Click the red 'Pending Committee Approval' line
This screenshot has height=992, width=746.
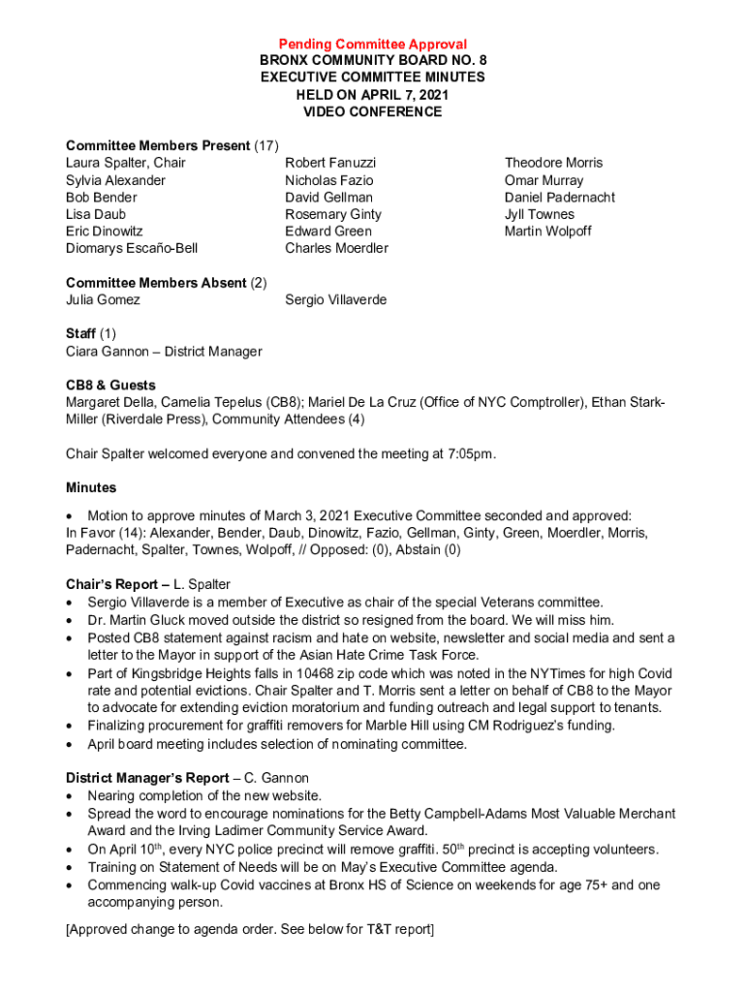pyautogui.click(x=373, y=45)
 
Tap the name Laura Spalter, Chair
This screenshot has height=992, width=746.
pyautogui.click(x=126, y=163)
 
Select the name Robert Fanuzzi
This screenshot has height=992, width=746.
pyautogui.click(x=330, y=163)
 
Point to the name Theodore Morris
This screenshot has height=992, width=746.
pyautogui.click(x=553, y=163)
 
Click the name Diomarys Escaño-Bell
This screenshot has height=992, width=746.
pyautogui.click(x=132, y=248)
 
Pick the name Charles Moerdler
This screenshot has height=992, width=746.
pyautogui.click(x=336, y=248)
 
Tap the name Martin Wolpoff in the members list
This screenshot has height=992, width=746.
pyautogui.click(x=547, y=231)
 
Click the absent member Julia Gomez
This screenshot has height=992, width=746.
pyautogui.click(x=103, y=299)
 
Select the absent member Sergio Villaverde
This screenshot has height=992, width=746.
pyautogui.click(x=335, y=299)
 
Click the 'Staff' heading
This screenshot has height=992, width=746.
pyautogui.click(x=81, y=333)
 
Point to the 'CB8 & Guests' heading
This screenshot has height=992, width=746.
pyautogui.click(x=110, y=385)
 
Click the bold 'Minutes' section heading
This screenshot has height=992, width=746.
pyautogui.click(x=91, y=487)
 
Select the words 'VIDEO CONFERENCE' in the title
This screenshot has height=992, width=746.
pyautogui.click(x=373, y=112)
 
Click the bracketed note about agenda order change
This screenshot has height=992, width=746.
pyautogui.click(x=250, y=929)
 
